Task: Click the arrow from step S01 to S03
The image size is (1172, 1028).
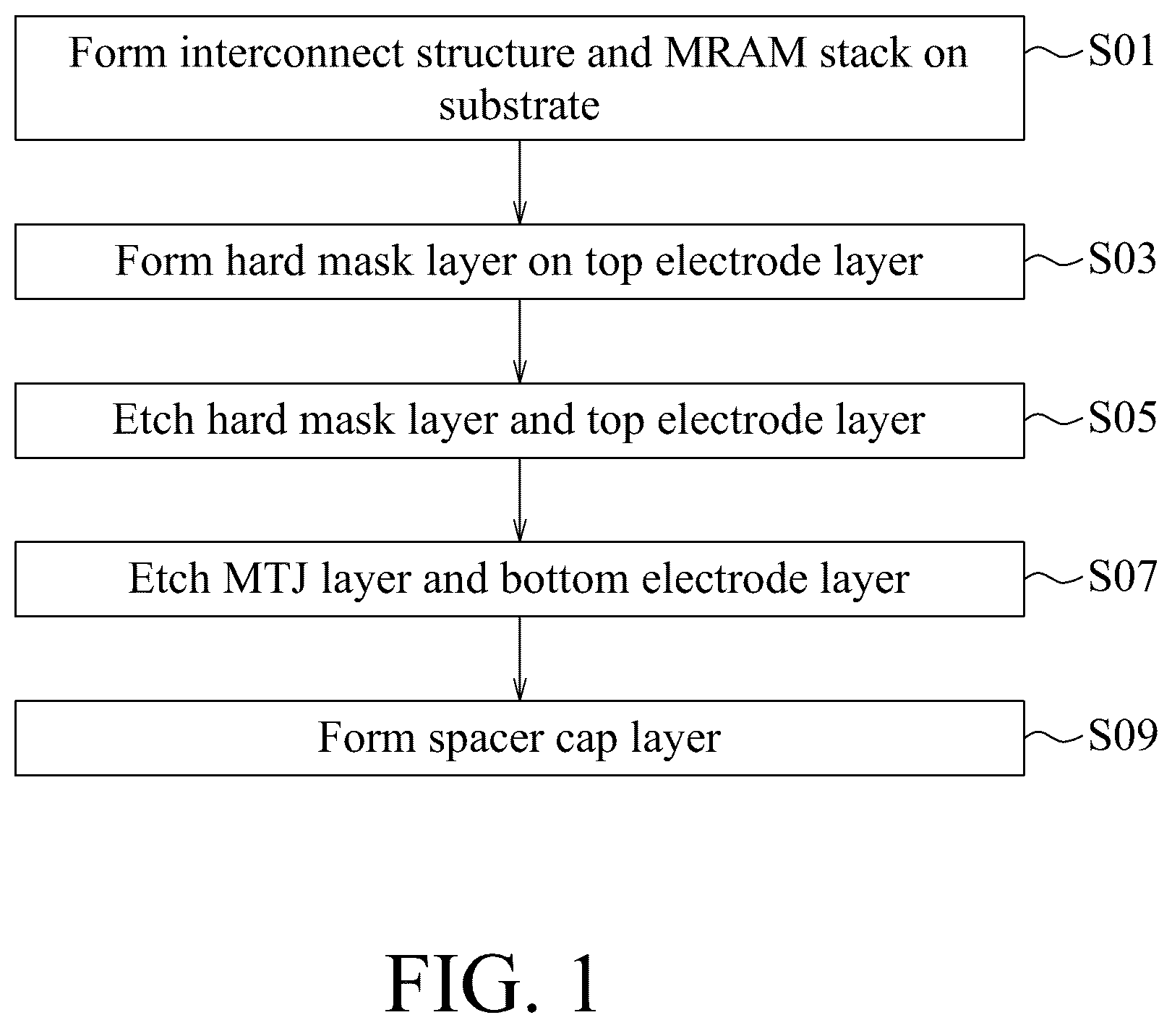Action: [519, 181]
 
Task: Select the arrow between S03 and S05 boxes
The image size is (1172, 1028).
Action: [519, 340]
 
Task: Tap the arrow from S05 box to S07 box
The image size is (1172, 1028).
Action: [519, 500]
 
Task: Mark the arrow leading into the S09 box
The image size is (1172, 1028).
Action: [519, 658]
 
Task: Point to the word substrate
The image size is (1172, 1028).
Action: [519, 106]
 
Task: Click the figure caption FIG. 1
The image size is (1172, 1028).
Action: [492, 985]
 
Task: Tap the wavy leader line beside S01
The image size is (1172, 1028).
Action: [1056, 52]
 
